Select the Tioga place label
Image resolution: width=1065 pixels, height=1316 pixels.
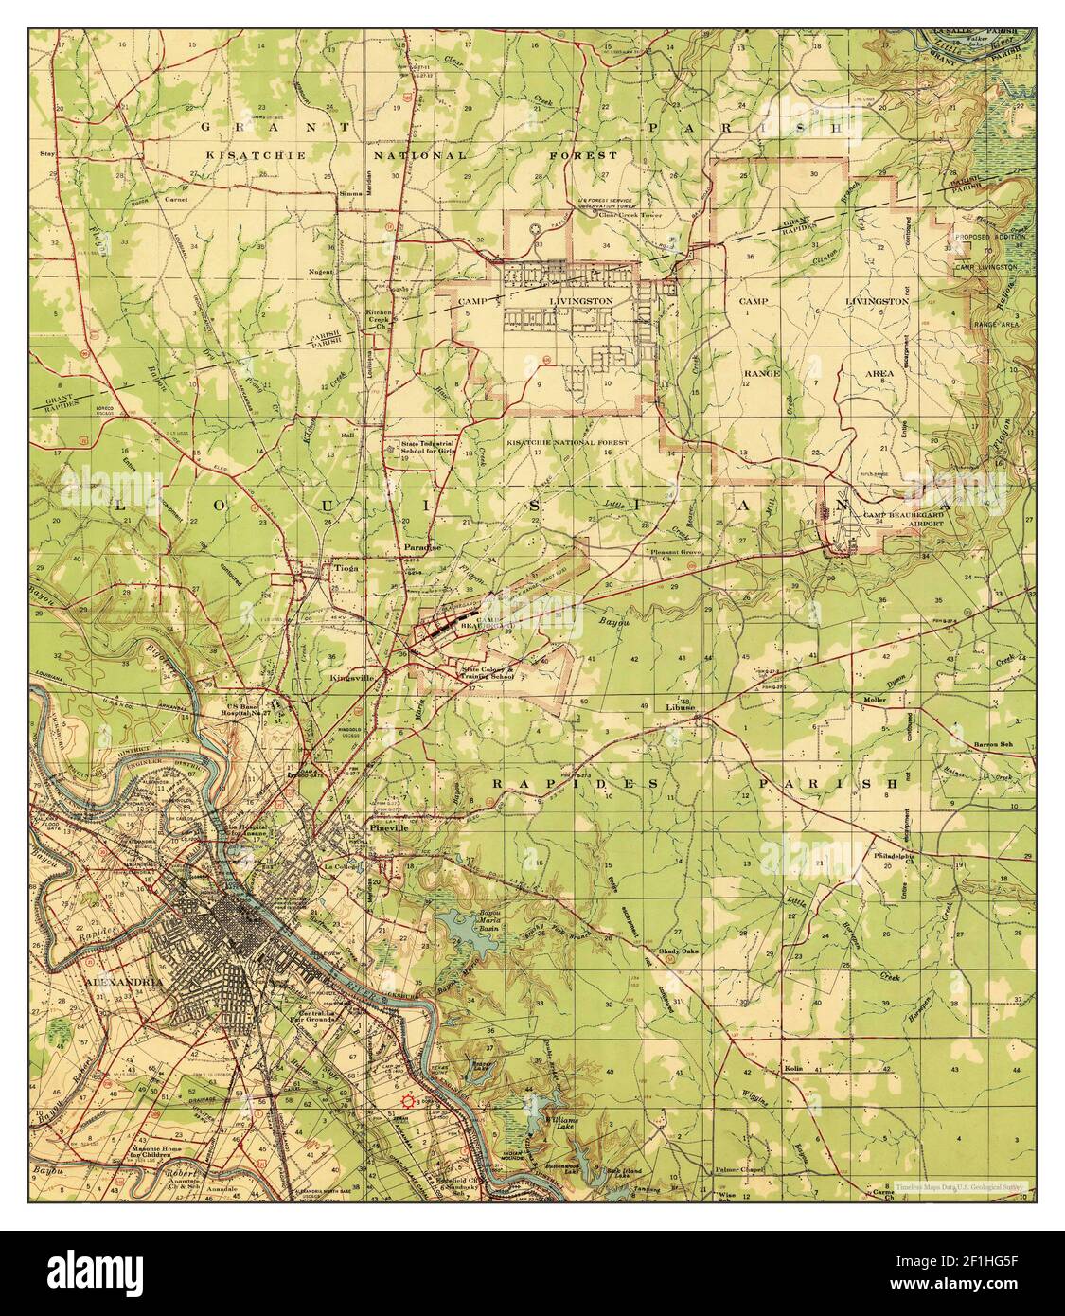click(x=345, y=569)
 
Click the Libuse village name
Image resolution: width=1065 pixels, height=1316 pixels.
click(x=680, y=706)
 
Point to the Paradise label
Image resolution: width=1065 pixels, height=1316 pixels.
click(x=417, y=549)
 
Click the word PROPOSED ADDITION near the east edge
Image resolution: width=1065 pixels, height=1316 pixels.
click(x=985, y=254)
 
